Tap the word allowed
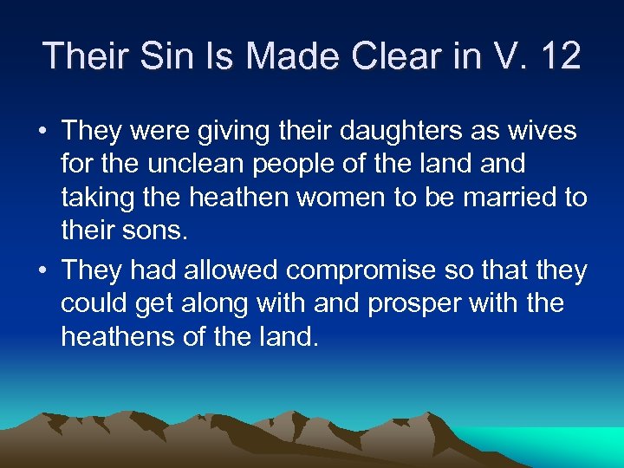click(x=232, y=270)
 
